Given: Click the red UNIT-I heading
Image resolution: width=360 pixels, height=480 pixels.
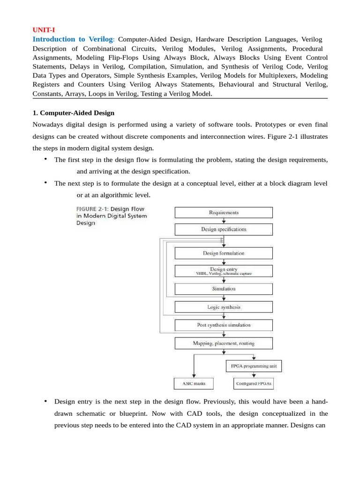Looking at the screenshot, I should point(44,30).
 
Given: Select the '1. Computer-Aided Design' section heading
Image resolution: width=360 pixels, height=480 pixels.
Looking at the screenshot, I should point(74,113).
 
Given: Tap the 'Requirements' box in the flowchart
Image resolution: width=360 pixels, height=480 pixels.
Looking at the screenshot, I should point(224,212).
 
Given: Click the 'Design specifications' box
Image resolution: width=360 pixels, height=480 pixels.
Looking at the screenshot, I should point(224,230).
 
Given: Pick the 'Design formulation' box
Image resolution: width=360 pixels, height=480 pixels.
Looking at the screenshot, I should point(224,253).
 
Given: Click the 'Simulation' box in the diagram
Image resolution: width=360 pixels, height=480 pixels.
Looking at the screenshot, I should point(224,289).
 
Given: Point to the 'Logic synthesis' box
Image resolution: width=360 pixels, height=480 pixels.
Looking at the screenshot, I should point(224,307).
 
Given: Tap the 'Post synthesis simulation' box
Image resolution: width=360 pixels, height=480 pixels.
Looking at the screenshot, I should point(224,325).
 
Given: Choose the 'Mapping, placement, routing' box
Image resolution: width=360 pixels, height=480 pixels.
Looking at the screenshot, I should point(224,343).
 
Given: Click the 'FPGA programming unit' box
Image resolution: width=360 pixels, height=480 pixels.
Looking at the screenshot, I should point(254,366).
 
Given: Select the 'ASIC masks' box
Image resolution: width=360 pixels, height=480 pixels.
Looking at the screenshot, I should point(193,383).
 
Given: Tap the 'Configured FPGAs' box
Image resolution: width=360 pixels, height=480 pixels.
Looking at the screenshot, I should point(254,383).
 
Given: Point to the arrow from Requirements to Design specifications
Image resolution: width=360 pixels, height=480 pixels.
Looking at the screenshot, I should point(224,221).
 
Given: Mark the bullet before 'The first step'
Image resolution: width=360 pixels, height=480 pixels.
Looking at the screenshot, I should point(46,159).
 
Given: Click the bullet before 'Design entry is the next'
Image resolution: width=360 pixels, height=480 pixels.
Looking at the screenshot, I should point(46,402).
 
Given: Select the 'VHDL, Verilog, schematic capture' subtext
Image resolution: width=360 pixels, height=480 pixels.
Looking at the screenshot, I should point(224,274).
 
